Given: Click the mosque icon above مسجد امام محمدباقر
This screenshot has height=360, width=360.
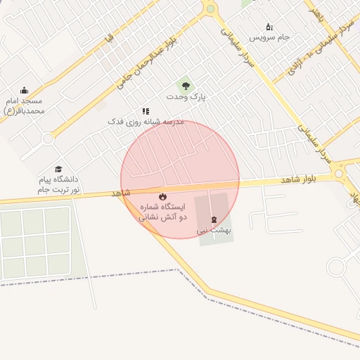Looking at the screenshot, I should (x=25, y=90).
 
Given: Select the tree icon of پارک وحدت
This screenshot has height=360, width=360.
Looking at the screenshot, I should (x=185, y=86).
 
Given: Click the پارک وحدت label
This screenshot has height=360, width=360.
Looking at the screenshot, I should (x=186, y=96).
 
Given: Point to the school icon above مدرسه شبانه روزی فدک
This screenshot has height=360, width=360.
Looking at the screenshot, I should (x=146, y=111).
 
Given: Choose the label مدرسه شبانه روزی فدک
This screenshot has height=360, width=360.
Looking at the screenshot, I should (x=145, y=122).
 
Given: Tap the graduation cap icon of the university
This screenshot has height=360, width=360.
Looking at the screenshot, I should (x=59, y=169).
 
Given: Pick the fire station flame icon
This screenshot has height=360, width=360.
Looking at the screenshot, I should (x=162, y=197).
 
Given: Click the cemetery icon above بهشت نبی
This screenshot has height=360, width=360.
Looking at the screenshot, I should (x=214, y=219).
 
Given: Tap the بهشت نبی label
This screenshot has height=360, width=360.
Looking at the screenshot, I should (x=214, y=230).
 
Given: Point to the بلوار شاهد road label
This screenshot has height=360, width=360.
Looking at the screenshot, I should (x=296, y=180).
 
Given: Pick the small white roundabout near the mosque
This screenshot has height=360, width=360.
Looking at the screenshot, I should (x=48, y=139).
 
